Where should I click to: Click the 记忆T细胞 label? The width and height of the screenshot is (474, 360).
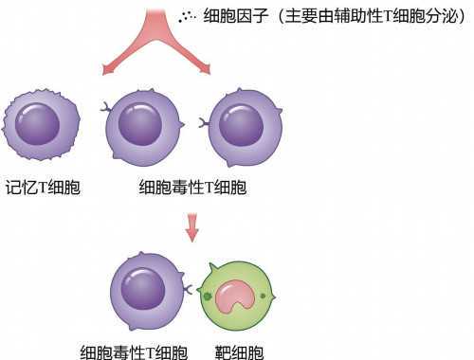(43, 187)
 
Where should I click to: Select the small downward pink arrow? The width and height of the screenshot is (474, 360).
(192, 228)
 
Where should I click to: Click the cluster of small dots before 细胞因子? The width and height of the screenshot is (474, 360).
(189, 16)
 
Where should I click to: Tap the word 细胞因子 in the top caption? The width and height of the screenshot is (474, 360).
(234, 16)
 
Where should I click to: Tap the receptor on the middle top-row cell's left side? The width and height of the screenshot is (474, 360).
(106, 111)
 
